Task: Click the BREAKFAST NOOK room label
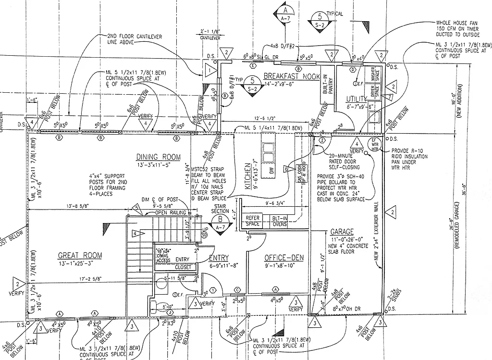point(285,76)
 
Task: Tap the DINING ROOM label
point(158,157)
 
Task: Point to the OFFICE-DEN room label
point(284,258)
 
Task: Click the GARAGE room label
point(342,231)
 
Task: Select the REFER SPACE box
point(253,221)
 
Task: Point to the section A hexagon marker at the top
point(285,11)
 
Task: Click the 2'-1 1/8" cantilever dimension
point(208,33)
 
